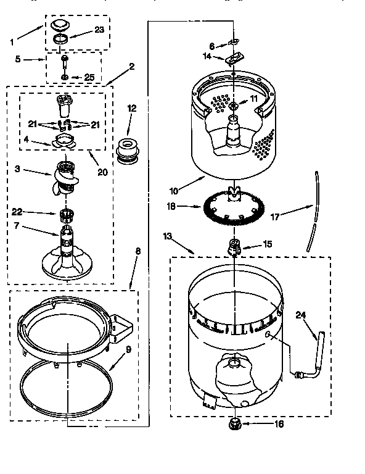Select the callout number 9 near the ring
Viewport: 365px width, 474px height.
click(x=129, y=349)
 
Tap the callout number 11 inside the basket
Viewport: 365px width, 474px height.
click(x=253, y=98)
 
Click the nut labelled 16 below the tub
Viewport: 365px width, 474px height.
click(x=234, y=424)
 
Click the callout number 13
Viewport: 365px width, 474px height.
click(x=168, y=235)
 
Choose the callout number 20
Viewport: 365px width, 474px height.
click(x=102, y=172)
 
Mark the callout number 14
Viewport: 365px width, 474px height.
click(x=208, y=56)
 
